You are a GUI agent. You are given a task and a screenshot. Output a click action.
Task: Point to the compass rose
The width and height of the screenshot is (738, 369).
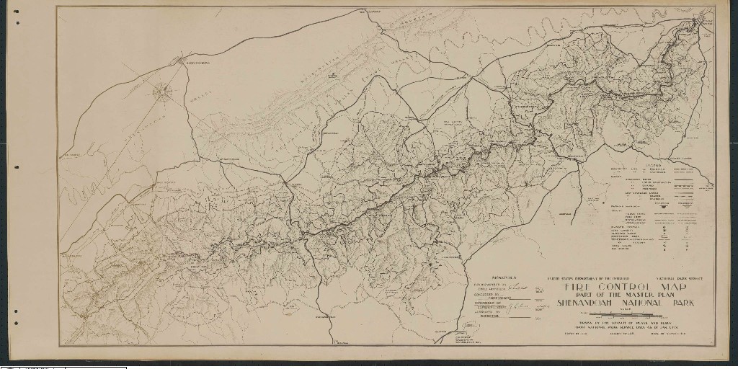[x=164, y=90]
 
